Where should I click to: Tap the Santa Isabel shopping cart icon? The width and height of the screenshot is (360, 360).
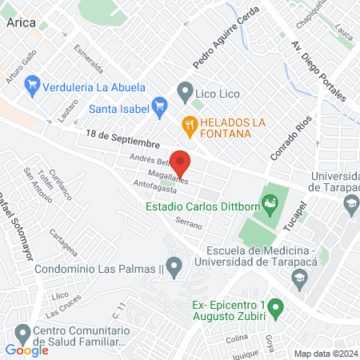[159, 105]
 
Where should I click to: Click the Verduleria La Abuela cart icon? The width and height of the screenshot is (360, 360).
[33, 83]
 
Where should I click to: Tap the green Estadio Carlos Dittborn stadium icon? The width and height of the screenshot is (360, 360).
[271, 206]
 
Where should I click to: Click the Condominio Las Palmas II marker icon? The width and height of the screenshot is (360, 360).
[175, 266]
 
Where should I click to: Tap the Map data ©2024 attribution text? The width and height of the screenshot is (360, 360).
[325, 354]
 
